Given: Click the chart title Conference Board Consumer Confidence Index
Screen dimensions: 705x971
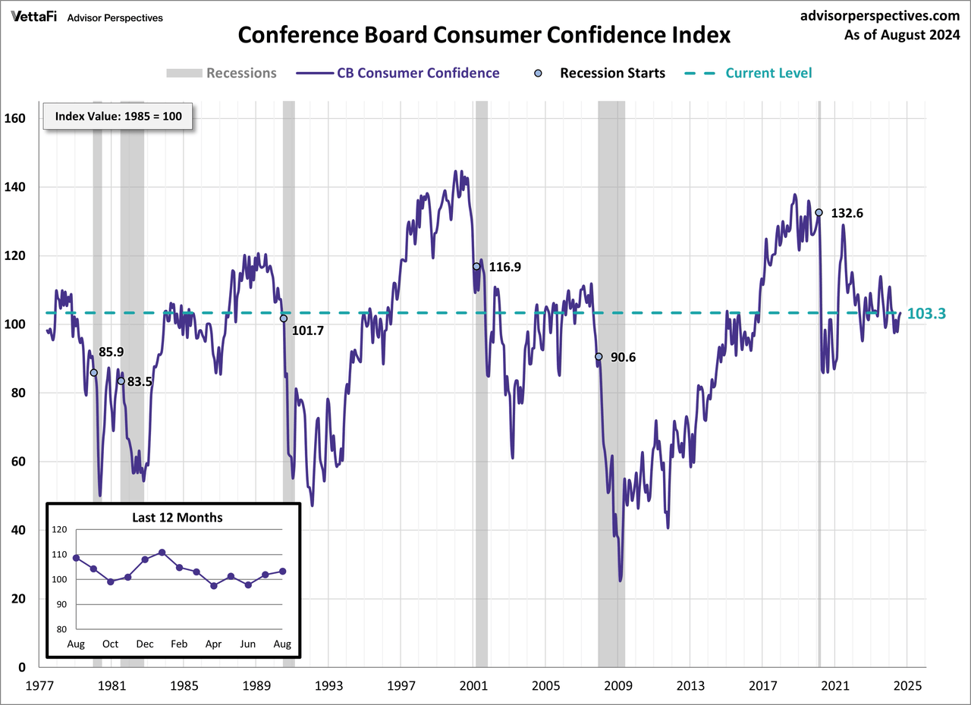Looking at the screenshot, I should click(485, 36).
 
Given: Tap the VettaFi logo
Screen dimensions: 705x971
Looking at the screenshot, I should click(35, 17).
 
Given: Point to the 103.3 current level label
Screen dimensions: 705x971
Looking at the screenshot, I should click(925, 314).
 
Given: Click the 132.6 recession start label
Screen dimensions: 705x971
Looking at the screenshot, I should click(847, 214).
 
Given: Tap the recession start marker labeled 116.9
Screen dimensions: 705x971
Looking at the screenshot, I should click(476, 266).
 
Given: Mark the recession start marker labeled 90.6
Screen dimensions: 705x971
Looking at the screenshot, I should click(599, 356).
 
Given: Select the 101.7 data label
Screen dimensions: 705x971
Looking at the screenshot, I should click(309, 331).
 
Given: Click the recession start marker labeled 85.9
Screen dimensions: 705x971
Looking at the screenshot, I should click(94, 372).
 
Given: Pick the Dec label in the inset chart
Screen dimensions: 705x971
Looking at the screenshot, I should click(144, 644).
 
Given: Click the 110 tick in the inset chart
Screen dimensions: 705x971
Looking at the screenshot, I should click(58, 555).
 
